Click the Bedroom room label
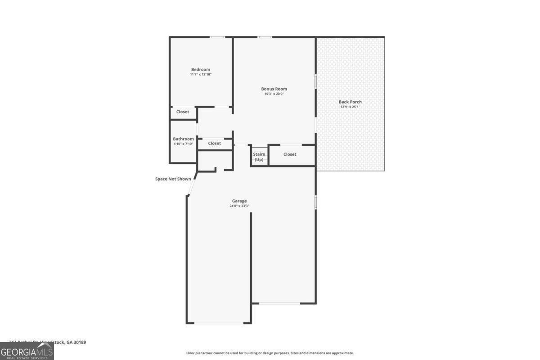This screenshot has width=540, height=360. click(200, 69)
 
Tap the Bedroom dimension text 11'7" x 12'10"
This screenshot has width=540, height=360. click(200, 75)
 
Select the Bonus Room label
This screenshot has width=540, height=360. click(274, 89)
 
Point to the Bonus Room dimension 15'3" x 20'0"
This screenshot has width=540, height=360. click(274, 94)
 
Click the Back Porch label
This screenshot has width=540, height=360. click(350, 102)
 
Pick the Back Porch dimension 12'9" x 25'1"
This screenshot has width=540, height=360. click(350, 107)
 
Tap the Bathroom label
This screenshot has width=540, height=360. click(183, 139)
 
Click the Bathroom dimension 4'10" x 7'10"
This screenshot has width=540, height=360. click(183, 144)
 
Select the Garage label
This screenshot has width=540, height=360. click(239, 201)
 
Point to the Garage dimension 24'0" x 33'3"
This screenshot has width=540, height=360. click(239, 206)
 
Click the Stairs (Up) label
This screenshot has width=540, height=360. click(259, 157)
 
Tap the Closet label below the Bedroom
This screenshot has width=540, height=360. click(183, 112)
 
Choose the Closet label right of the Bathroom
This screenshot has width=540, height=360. click(215, 143)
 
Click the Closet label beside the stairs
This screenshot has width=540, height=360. click(290, 154)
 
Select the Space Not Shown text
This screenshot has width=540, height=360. click(173, 179)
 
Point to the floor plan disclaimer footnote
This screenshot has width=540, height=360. click(270, 353)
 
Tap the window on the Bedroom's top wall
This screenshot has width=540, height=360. click(218, 37)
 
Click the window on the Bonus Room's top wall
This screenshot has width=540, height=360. click(265, 37)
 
